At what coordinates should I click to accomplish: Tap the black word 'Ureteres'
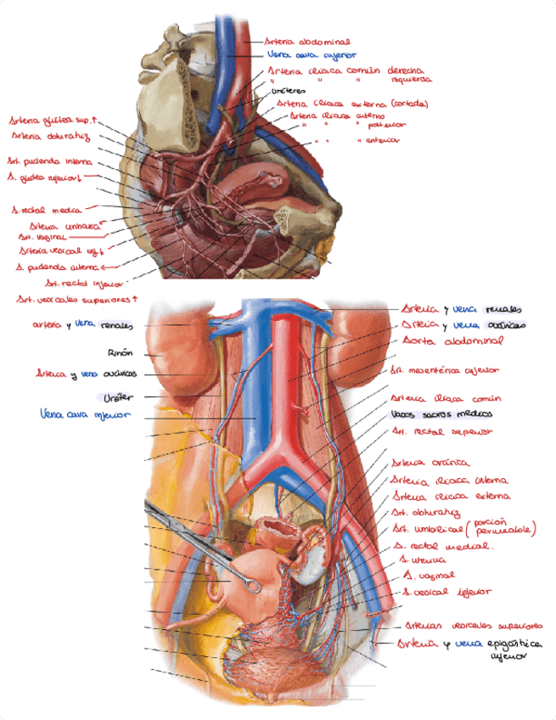(x=287, y=91)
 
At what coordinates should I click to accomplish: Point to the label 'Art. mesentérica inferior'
(x=445, y=370)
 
